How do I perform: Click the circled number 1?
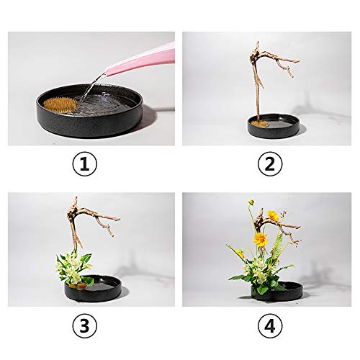tap(84, 165)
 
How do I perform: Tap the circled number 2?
tap(269, 165)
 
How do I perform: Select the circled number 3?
tap(84, 326)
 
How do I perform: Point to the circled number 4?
tap(269, 326)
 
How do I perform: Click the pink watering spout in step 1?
tap(144, 60)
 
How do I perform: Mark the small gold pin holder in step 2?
tap(262, 123)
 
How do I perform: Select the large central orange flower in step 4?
tap(260, 239)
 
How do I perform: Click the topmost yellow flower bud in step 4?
tap(251, 203)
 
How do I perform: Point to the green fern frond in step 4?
tap(277, 245)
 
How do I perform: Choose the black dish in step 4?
tap(284, 292)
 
